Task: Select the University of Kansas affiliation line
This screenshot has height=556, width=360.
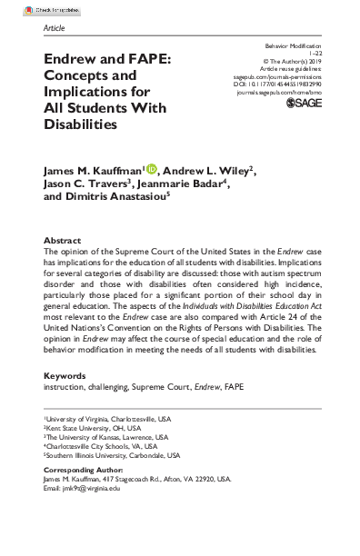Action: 99,437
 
